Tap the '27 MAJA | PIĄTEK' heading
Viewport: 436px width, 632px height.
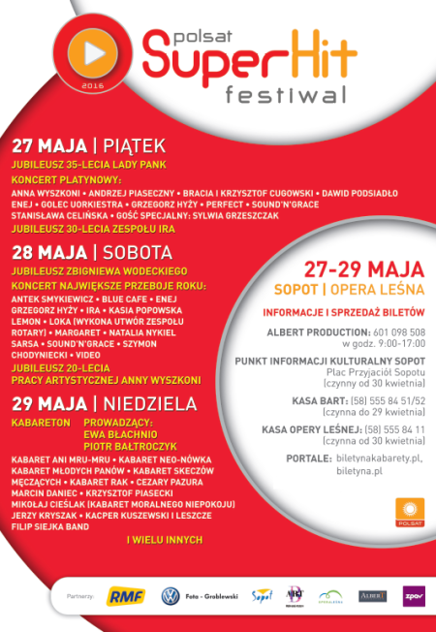(x=89, y=146)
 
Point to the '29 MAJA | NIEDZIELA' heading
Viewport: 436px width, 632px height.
(x=105, y=403)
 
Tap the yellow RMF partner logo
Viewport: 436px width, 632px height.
(x=125, y=596)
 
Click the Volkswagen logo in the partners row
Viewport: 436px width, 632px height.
(x=171, y=596)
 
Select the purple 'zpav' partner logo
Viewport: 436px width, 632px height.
(x=414, y=595)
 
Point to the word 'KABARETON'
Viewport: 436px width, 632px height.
(x=39, y=424)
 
